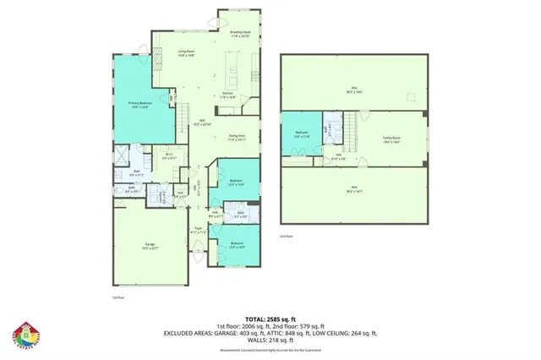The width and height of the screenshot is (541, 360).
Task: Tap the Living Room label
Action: tap(186, 53)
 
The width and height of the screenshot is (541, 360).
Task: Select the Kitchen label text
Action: tap(227, 95)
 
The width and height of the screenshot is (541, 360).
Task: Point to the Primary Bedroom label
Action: tap(139, 105)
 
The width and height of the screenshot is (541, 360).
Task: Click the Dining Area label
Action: tap(236, 137)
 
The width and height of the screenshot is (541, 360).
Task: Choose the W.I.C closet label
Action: tap(169, 155)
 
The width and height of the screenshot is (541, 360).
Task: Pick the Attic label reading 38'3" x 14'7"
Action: tap(353, 190)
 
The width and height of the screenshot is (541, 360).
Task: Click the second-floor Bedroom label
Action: tap(302, 134)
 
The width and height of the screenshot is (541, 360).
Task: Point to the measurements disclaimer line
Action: tap(270, 346)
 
